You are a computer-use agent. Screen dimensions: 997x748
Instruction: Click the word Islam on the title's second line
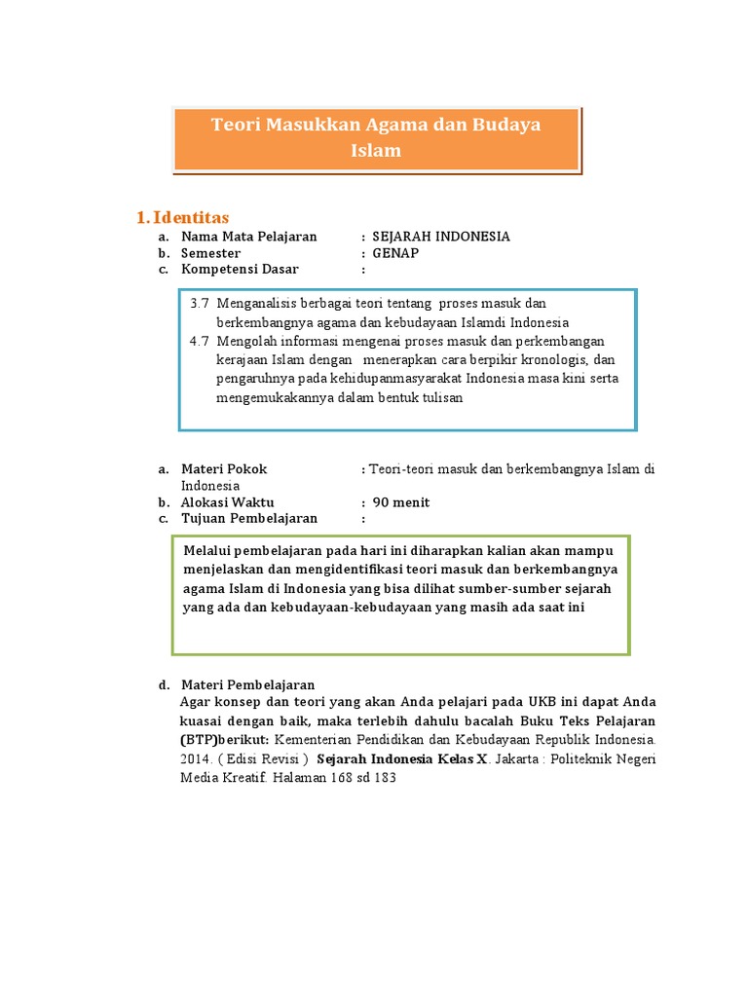point(376,151)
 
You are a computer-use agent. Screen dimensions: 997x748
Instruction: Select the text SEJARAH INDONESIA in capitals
point(441,237)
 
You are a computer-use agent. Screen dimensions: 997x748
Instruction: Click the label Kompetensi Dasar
point(241,269)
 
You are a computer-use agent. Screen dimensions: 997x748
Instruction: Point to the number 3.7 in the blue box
point(200,305)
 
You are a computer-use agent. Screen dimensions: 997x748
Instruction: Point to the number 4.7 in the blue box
point(200,341)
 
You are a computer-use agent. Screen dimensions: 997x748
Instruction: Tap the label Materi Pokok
point(224,469)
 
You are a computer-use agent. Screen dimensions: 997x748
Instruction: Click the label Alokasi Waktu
point(228,502)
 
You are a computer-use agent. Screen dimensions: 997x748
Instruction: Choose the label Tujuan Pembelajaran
point(249,518)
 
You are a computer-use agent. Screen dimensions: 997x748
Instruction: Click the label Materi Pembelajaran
point(247,684)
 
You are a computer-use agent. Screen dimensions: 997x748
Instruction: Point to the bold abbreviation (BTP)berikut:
point(226,739)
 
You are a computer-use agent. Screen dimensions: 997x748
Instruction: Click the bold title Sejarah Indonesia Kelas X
point(401,758)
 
